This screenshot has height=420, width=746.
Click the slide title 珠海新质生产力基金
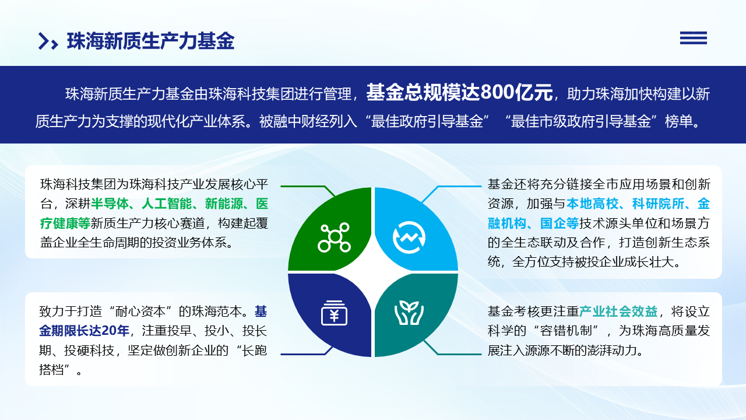(150, 41)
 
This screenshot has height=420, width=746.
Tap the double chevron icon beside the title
(48, 41)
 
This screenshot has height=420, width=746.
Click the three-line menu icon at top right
(694, 38)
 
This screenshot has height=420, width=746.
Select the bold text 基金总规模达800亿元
(459, 92)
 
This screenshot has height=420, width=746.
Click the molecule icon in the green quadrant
(334, 237)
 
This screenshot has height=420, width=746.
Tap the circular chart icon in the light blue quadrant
(409, 237)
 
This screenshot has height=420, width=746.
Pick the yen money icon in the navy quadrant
(334, 313)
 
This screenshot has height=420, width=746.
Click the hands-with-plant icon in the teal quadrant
(409, 313)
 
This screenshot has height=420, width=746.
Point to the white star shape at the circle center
(373, 272)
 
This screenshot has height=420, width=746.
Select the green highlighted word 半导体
(110, 204)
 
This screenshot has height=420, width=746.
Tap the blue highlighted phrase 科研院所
(658, 204)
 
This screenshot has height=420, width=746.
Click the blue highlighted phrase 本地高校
(592, 204)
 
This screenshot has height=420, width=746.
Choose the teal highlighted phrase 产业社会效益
(618, 311)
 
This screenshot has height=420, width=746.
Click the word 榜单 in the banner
(679, 121)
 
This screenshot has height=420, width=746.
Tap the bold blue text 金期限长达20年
(84, 331)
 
